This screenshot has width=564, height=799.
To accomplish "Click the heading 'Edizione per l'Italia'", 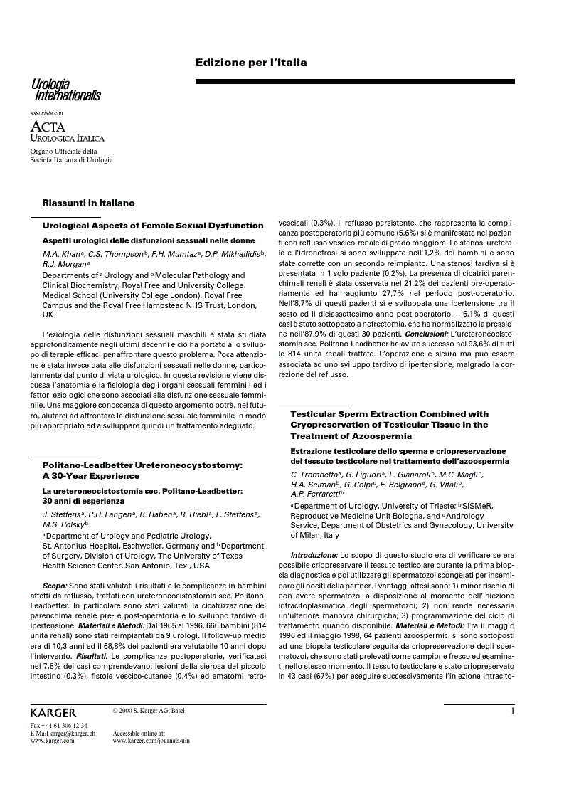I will click(x=251, y=63).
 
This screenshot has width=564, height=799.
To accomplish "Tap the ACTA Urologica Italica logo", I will click(x=67, y=132).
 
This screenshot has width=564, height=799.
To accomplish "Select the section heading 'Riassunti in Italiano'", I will click(x=88, y=203).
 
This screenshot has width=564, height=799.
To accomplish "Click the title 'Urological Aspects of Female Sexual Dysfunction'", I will click(x=153, y=226).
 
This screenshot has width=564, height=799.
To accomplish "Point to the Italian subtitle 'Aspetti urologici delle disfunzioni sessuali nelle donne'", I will click(x=143, y=240).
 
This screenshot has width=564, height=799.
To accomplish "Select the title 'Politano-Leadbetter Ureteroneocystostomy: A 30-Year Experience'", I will click(x=142, y=470).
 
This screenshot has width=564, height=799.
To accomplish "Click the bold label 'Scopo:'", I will click(x=56, y=585).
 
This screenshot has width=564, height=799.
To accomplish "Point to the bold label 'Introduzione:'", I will click(x=314, y=554).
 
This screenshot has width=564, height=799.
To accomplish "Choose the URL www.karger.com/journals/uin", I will click(x=151, y=741).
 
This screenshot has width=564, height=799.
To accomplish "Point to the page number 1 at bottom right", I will click(x=511, y=711).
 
